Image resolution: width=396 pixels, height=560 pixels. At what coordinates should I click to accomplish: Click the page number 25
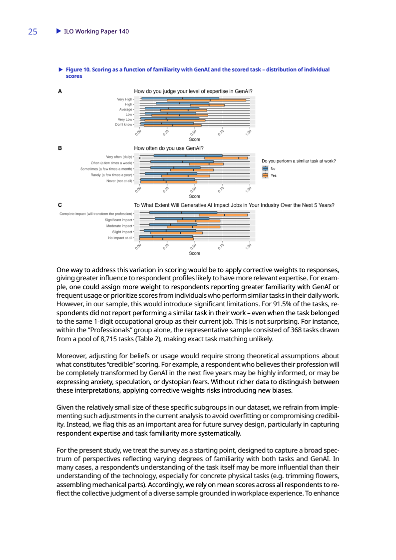[x=32, y=31]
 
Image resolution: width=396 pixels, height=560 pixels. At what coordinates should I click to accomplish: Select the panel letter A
[x=60, y=91]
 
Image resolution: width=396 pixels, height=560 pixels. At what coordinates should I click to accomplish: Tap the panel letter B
[x=60, y=148]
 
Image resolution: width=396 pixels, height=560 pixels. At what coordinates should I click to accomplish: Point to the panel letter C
[x=60, y=205]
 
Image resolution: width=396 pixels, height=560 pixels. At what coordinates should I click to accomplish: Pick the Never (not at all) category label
[x=119, y=181]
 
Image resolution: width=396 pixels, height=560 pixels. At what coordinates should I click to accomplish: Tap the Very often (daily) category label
[x=120, y=157]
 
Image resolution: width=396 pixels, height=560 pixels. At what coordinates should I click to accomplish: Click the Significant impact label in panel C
[x=118, y=220]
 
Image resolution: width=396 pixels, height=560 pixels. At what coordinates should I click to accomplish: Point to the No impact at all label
[x=120, y=238]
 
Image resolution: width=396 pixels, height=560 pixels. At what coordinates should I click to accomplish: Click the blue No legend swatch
[x=265, y=169]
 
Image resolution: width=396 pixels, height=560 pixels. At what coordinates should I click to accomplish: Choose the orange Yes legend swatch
[x=265, y=175]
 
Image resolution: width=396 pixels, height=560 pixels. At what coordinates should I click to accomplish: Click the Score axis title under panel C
[x=195, y=253]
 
